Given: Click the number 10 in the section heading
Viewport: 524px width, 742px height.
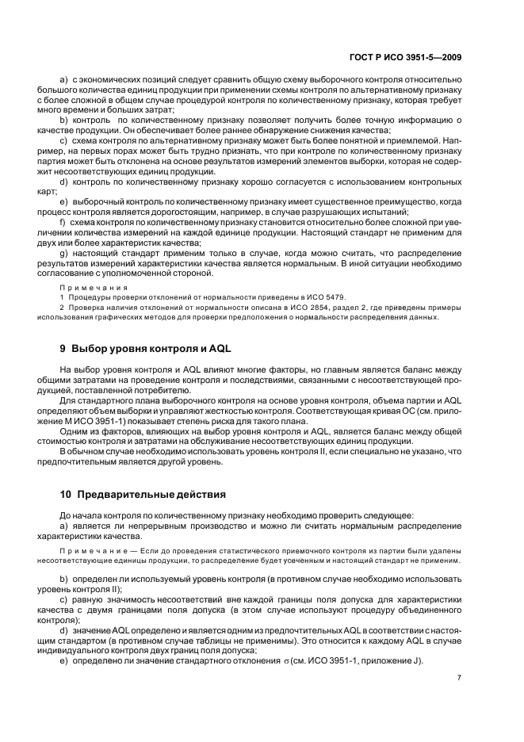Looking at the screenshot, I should click(x=67, y=494).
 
